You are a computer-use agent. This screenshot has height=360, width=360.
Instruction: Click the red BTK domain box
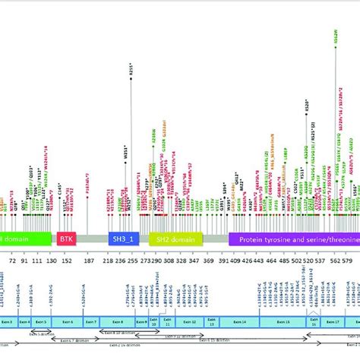click(x=65, y=238)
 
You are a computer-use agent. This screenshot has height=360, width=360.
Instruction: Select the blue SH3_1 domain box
click(x=123, y=238)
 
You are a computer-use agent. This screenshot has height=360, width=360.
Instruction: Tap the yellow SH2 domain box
click(x=171, y=238)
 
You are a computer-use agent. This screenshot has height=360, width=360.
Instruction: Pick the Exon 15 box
click(x=292, y=322)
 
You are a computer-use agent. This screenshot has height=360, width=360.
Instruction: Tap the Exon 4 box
click(x=24, y=322)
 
